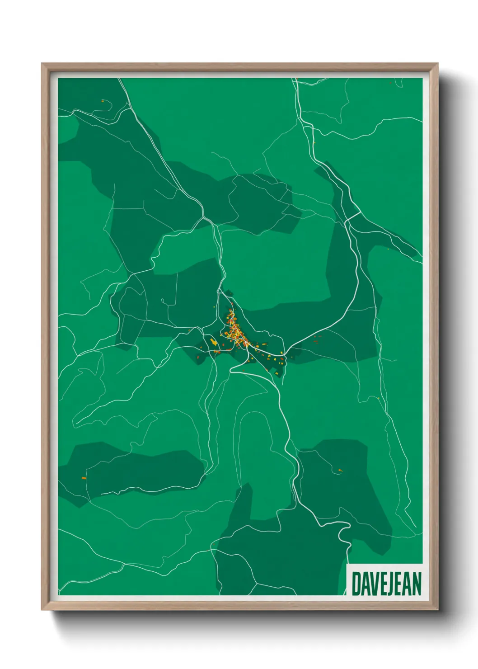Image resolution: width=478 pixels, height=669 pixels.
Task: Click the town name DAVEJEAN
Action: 386,584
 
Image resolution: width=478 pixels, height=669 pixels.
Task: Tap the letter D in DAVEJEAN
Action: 356,584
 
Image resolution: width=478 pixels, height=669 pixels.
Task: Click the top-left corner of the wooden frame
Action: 42,64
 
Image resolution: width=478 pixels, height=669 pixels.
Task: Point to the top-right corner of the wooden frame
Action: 437,64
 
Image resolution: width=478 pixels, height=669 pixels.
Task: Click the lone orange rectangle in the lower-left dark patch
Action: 84,478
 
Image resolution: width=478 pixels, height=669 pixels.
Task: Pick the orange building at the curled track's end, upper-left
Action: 103,101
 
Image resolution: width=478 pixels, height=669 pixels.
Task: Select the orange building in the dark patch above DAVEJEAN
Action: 340,471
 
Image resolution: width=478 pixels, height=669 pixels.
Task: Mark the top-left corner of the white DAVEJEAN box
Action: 347,565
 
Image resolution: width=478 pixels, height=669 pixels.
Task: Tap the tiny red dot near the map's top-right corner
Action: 391,83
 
